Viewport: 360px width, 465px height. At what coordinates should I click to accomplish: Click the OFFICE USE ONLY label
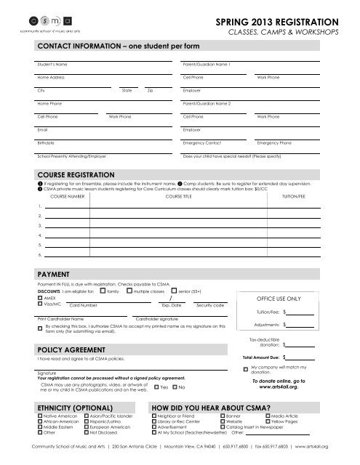(272, 299)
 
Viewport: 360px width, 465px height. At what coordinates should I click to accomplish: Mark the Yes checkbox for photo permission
(156, 387)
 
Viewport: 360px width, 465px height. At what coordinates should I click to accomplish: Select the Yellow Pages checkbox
(268, 421)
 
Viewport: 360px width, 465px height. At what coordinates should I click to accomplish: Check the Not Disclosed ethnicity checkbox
(87, 433)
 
